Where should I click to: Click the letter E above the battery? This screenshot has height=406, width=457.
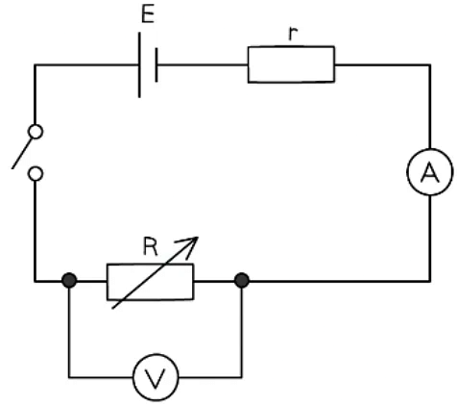(x=146, y=16)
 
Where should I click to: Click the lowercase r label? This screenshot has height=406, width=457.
(x=292, y=32)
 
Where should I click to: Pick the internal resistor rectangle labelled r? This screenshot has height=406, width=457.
(x=292, y=64)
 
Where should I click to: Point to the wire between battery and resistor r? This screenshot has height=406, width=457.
(x=202, y=64)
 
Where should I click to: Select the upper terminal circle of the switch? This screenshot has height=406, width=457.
(x=36, y=131)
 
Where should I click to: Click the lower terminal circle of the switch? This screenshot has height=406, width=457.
(x=36, y=174)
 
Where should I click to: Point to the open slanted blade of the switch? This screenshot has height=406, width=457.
(x=24, y=153)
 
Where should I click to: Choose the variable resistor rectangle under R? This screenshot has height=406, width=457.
(x=150, y=283)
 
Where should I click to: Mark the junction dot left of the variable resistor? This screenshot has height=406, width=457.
(x=69, y=283)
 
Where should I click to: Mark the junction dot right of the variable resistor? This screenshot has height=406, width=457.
(x=242, y=283)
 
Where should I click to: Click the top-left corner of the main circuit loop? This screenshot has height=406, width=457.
(x=36, y=64)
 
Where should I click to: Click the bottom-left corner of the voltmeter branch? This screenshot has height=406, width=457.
(x=69, y=376)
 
